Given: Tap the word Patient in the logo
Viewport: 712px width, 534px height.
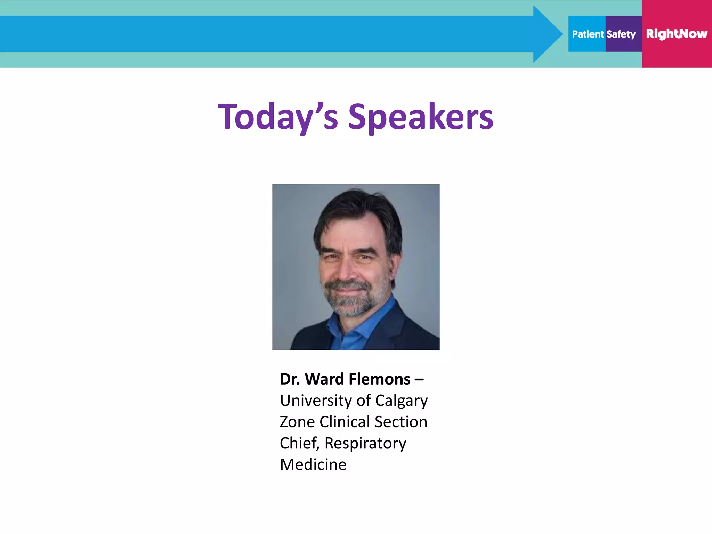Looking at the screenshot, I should [x=588, y=34].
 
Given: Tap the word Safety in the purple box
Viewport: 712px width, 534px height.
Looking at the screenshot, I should [x=621, y=34].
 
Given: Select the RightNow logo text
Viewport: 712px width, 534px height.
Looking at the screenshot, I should [x=677, y=34].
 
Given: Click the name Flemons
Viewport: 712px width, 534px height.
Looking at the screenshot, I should [x=380, y=379].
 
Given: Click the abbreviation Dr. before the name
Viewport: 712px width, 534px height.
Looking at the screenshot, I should [x=290, y=379].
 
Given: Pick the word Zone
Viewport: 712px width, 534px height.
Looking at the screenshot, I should [x=297, y=422].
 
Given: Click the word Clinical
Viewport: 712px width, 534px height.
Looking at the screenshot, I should [x=345, y=422].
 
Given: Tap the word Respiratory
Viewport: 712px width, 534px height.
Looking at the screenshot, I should [x=365, y=443].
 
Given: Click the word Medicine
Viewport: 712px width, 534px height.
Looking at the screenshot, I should [x=313, y=464].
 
